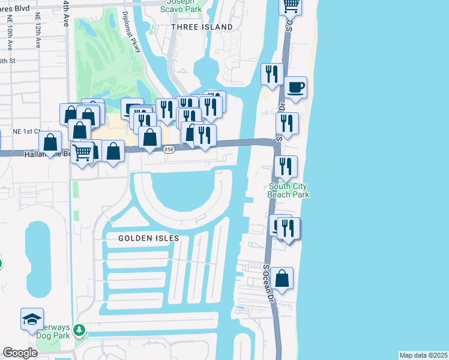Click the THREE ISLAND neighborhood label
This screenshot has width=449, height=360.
(201, 27)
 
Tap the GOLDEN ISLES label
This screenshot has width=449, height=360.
(149, 238)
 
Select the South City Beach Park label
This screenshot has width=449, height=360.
(288, 190)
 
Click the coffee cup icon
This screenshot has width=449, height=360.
(296, 88)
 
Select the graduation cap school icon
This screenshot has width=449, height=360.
(32, 319)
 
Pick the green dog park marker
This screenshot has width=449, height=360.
(77, 331)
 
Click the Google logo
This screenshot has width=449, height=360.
(20, 353)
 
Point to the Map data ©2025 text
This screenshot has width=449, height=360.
(423, 355)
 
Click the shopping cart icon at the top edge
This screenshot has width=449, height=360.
(291, 5)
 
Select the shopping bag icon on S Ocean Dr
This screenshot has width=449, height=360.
(282, 278)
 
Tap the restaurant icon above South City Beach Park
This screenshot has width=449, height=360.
(286, 166)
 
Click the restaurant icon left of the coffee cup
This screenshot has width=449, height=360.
(273, 74)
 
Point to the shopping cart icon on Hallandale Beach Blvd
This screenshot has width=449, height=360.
(82, 152)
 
